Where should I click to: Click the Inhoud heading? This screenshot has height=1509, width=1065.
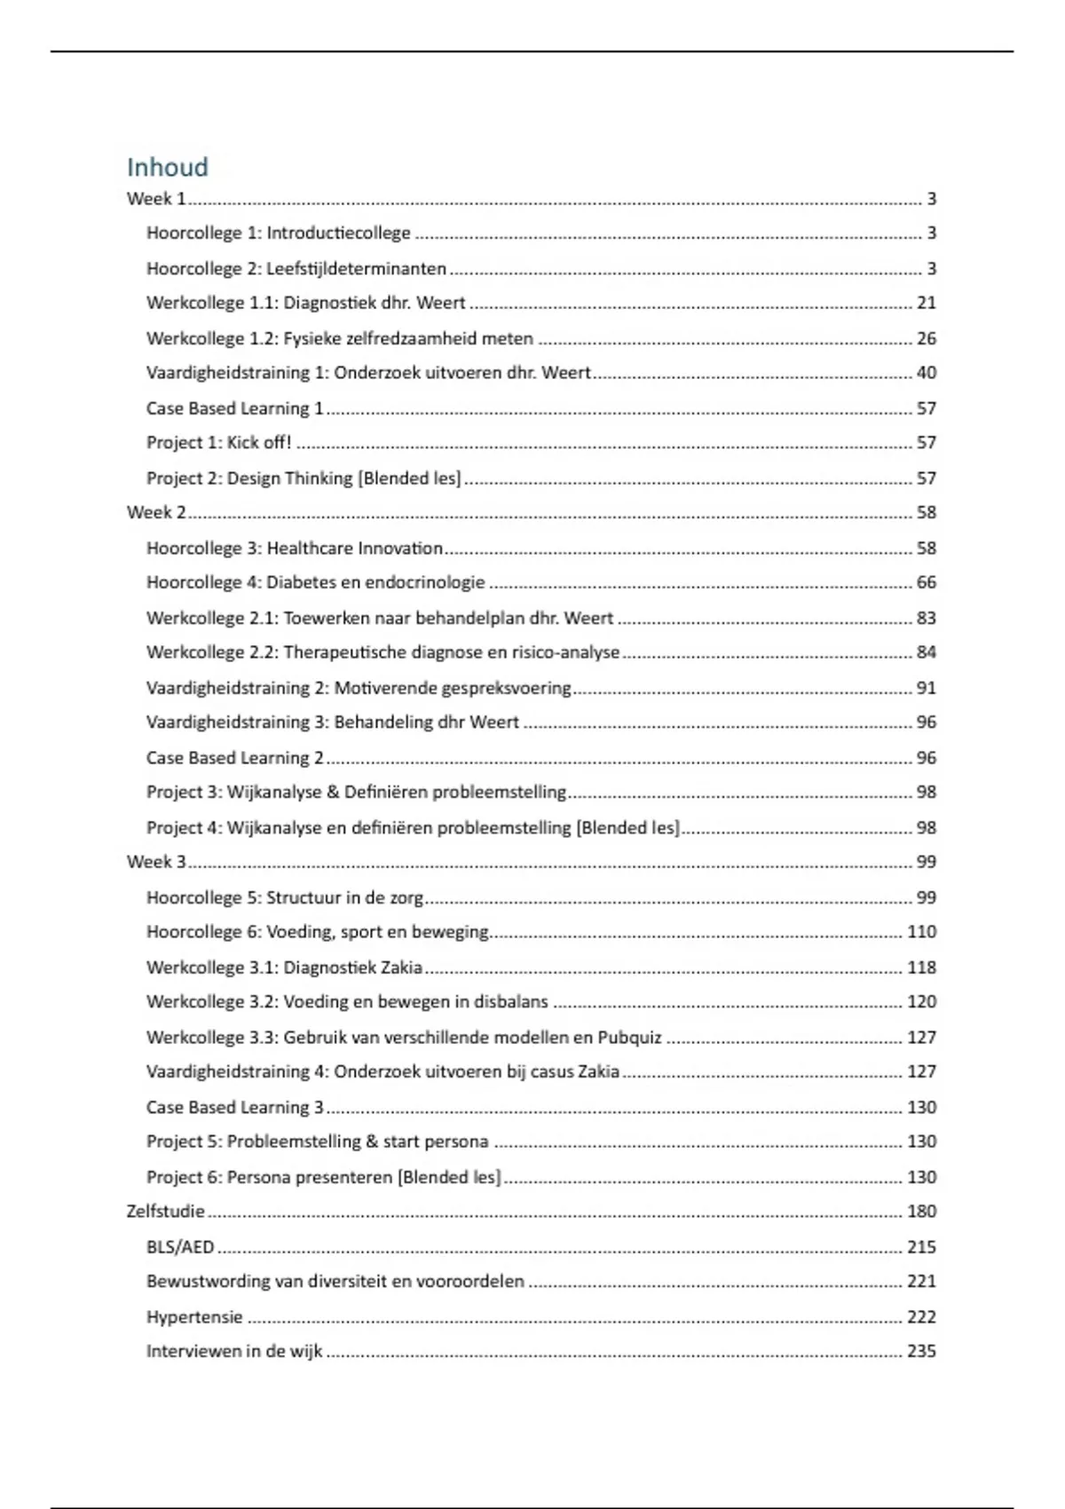pos(167,167)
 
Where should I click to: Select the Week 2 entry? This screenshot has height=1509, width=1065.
pos(156,512)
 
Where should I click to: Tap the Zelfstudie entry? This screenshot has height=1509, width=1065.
pos(165,1211)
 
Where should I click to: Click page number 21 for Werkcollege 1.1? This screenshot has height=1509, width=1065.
pos(926,303)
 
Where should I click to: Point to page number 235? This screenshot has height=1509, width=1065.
pos(921,1351)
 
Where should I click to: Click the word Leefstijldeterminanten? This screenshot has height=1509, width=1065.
pos(356,268)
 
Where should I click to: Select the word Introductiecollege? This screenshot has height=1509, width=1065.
pos(338,233)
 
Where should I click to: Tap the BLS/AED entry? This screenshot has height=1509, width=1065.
pos(180,1246)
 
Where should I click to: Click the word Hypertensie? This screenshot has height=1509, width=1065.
pos(194,1316)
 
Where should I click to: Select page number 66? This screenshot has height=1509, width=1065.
pos(926,582)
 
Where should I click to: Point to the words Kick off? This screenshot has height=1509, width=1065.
pos(259,442)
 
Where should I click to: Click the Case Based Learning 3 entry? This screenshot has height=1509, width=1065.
pos(234,1107)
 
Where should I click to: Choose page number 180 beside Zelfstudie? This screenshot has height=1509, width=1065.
pos(921,1211)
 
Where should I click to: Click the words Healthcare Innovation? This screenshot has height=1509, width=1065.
pos(354,548)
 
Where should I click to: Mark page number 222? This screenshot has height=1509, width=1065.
pos(921,1316)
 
